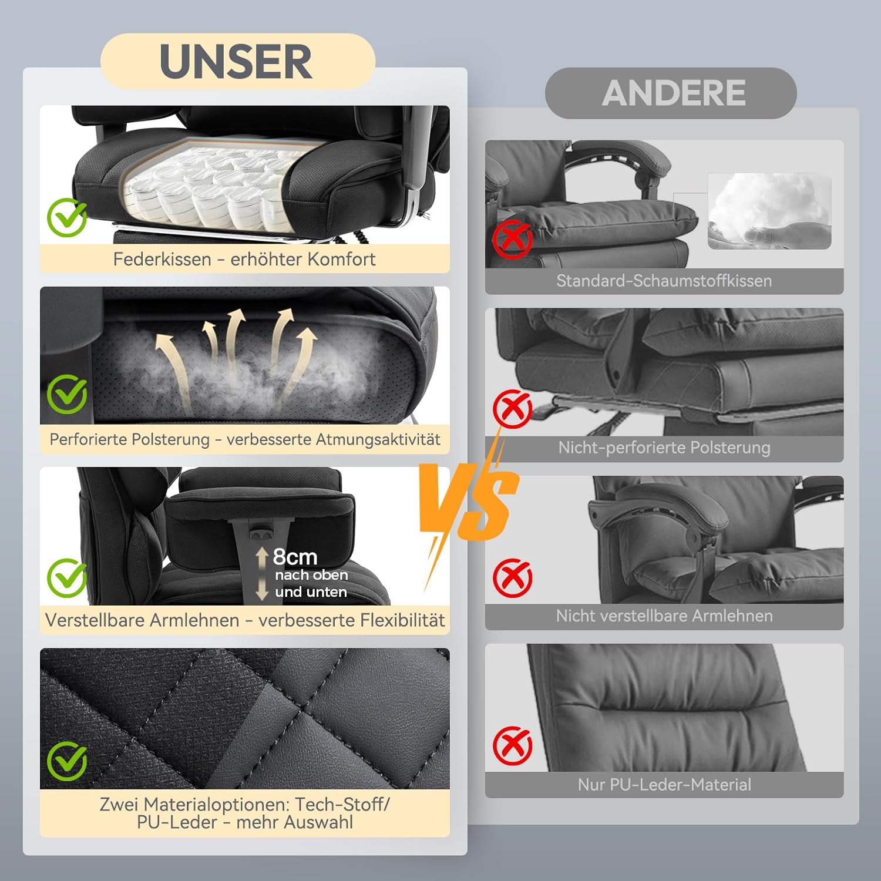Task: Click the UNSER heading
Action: (236, 62)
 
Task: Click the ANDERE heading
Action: (674, 93)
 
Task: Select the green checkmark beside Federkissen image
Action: (67, 217)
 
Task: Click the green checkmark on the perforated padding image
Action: (67, 394)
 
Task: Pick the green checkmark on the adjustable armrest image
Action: (67, 578)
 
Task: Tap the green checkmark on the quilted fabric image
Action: (67, 761)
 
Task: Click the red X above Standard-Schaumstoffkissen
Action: (512, 240)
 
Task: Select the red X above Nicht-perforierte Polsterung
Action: (512, 409)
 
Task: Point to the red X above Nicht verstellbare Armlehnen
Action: (512, 577)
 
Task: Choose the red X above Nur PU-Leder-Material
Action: (512, 746)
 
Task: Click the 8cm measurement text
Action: (295, 557)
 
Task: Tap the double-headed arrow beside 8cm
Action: (262, 574)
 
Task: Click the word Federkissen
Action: (162, 259)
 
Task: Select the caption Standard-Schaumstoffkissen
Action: (664, 281)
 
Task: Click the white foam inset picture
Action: (769, 211)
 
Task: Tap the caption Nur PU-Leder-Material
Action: (664, 785)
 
